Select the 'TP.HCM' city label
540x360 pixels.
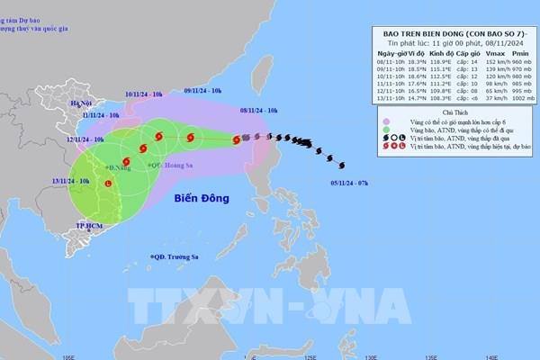(x=87, y=225)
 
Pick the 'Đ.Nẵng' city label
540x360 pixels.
(x=117, y=167)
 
